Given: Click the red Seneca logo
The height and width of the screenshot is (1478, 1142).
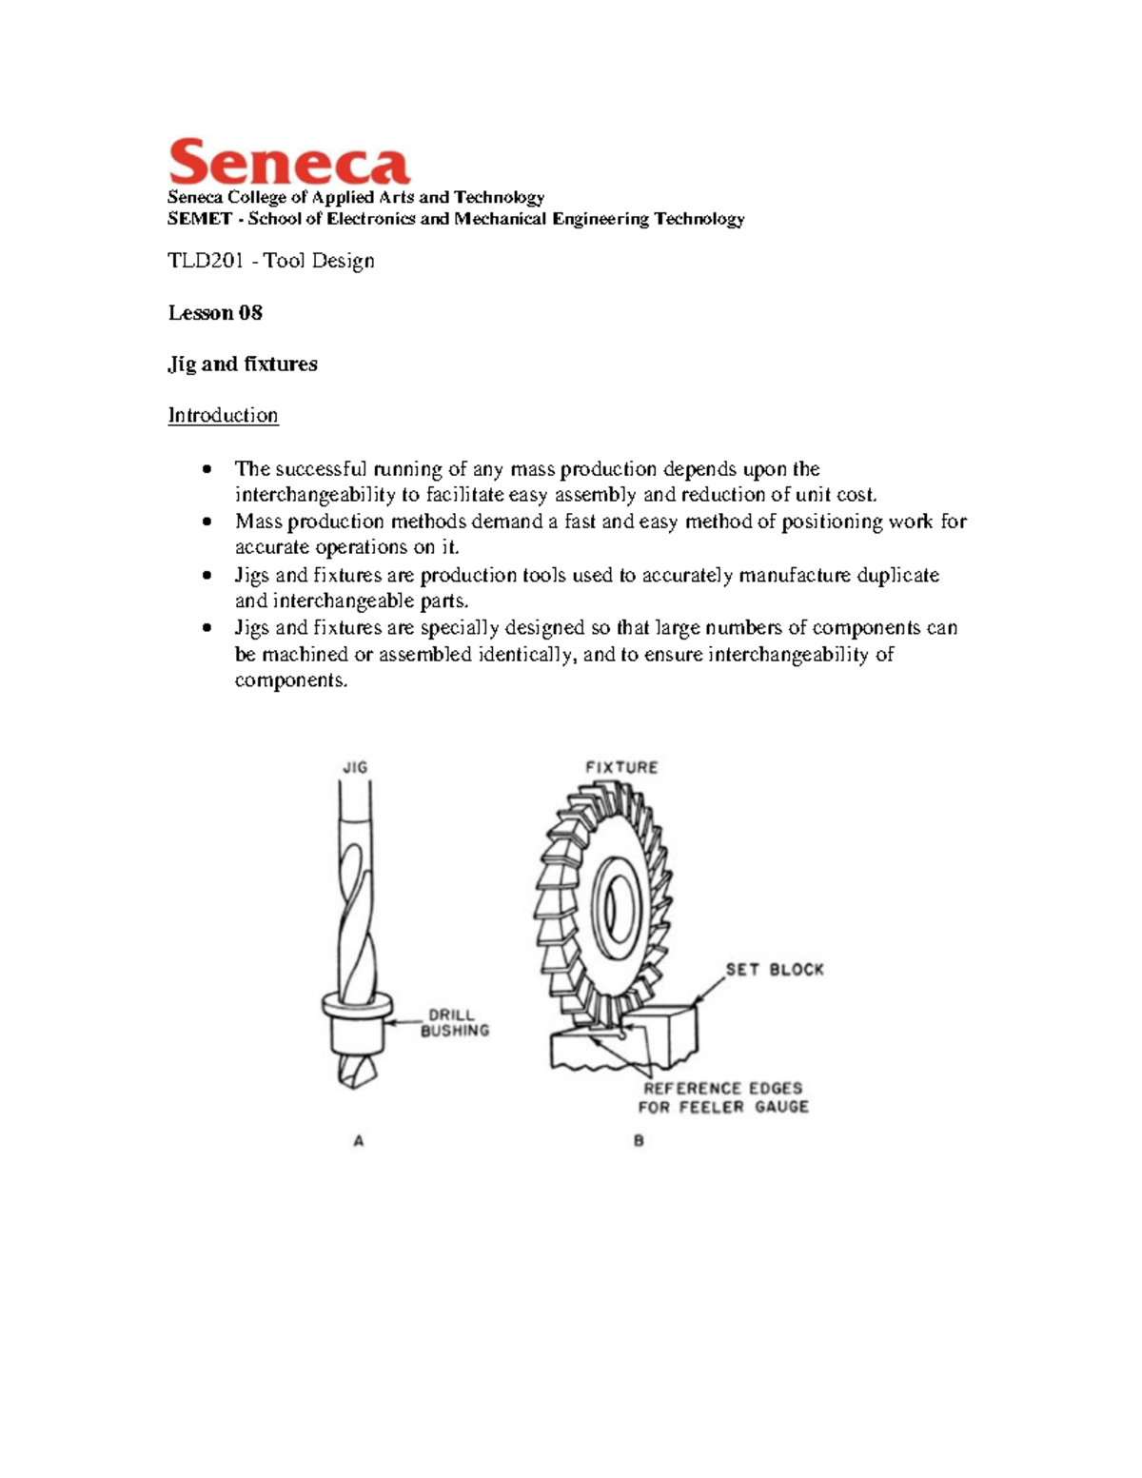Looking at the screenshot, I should [288, 162].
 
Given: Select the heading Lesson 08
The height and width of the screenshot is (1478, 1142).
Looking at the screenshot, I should [215, 313].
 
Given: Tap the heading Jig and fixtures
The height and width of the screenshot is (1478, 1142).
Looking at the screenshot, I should [243, 364].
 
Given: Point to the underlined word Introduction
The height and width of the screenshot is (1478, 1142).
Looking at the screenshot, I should [223, 416].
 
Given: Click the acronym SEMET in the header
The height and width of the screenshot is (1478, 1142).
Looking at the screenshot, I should [199, 219].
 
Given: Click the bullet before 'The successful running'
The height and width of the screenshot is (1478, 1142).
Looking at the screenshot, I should [207, 469].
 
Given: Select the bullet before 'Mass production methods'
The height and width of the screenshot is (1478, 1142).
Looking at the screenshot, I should [207, 522].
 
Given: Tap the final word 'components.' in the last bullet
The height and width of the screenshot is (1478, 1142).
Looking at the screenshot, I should [291, 680].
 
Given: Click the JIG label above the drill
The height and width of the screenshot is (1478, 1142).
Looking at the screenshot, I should [355, 767].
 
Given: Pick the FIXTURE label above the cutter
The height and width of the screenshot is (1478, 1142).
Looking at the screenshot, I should [621, 767].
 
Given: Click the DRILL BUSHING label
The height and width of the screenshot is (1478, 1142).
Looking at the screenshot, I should [455, 1022].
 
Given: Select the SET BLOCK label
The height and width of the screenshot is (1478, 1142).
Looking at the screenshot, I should [775, 970].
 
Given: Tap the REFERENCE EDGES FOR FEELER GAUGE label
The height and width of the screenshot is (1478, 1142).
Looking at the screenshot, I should [723, 1097].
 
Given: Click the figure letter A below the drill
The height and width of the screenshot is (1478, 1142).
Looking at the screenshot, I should [359, 1140].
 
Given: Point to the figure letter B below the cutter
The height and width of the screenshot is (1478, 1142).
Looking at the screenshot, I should [639, 1140].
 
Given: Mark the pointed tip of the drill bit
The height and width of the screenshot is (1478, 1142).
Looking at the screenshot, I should [348, 1085].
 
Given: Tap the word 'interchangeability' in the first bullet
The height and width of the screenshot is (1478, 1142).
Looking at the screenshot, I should [315, 495].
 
